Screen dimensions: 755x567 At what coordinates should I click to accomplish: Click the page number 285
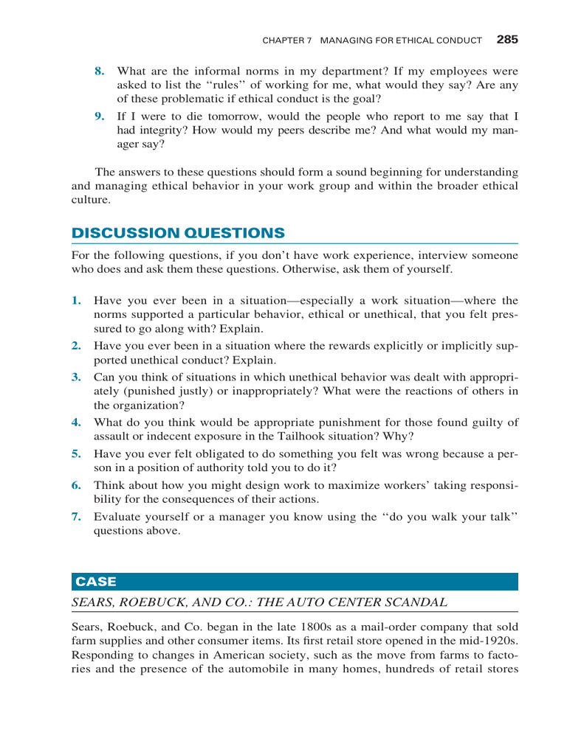(507, 40)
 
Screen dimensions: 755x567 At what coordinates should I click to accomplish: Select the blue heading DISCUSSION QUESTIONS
(178, 233)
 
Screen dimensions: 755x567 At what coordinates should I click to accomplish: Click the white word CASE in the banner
(96, 582)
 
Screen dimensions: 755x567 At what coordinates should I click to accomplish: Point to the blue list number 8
(99, 72)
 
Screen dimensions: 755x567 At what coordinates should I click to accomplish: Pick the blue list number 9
(99, 116)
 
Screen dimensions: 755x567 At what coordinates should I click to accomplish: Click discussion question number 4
(76, 422)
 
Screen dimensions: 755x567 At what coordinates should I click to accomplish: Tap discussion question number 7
(76, 517)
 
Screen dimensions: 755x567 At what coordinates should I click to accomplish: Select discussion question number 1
(76, 300)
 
